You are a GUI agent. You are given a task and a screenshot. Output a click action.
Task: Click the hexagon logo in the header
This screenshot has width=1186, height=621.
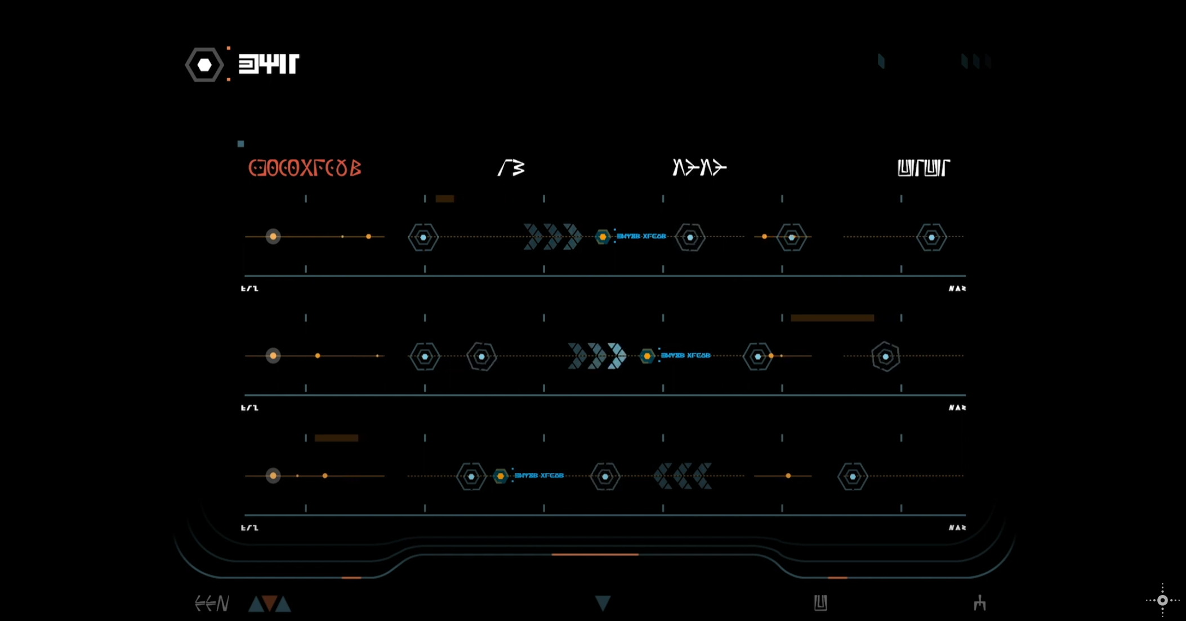(x=204, y=65)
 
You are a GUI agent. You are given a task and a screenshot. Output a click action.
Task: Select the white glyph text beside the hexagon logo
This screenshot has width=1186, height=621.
(x=269, y=64)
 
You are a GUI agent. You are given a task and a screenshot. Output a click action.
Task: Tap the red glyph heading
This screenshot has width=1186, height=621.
(x=305, y=168)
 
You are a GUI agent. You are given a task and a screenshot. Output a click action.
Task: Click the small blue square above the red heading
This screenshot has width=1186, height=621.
(x=241, y=144)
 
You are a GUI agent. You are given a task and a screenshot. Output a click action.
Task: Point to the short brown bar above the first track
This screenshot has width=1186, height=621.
(x=444, y=198)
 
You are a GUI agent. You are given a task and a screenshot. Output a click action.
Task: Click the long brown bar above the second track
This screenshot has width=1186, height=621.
(x=832, y=318)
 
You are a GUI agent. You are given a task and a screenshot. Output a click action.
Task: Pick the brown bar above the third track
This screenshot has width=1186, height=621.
(x=336, y=438)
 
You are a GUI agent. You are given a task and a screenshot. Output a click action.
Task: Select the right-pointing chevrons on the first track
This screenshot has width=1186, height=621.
(x=552, y=237)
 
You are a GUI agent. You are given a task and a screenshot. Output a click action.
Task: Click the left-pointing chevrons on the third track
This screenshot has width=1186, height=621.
(x=683, y=476)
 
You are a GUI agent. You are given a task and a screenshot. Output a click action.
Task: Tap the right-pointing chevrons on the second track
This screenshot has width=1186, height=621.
(x=597, y=356)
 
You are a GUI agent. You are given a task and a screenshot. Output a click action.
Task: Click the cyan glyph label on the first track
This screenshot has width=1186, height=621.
(x=641, y=237)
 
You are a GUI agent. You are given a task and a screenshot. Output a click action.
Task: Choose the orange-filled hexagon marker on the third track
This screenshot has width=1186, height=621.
(x=500, y=476)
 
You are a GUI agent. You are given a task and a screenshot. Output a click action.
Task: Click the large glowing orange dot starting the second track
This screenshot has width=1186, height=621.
(x=273, y=356)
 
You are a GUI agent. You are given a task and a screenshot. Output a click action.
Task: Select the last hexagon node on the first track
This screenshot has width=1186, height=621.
(x=931, y=237)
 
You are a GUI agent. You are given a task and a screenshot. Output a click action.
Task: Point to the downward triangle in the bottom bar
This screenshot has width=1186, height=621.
(x=603, y=603)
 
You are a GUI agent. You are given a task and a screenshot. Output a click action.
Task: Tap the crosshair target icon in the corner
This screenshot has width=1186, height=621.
(x=1162, y=600)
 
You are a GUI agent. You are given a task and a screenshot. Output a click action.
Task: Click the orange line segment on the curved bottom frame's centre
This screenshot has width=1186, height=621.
(x=595, y=555)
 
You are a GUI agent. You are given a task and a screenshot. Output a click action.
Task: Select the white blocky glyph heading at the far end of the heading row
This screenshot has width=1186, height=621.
(x=924, y=168)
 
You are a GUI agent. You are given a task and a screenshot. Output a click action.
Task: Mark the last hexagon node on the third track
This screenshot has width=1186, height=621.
(x=853, y=477)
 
